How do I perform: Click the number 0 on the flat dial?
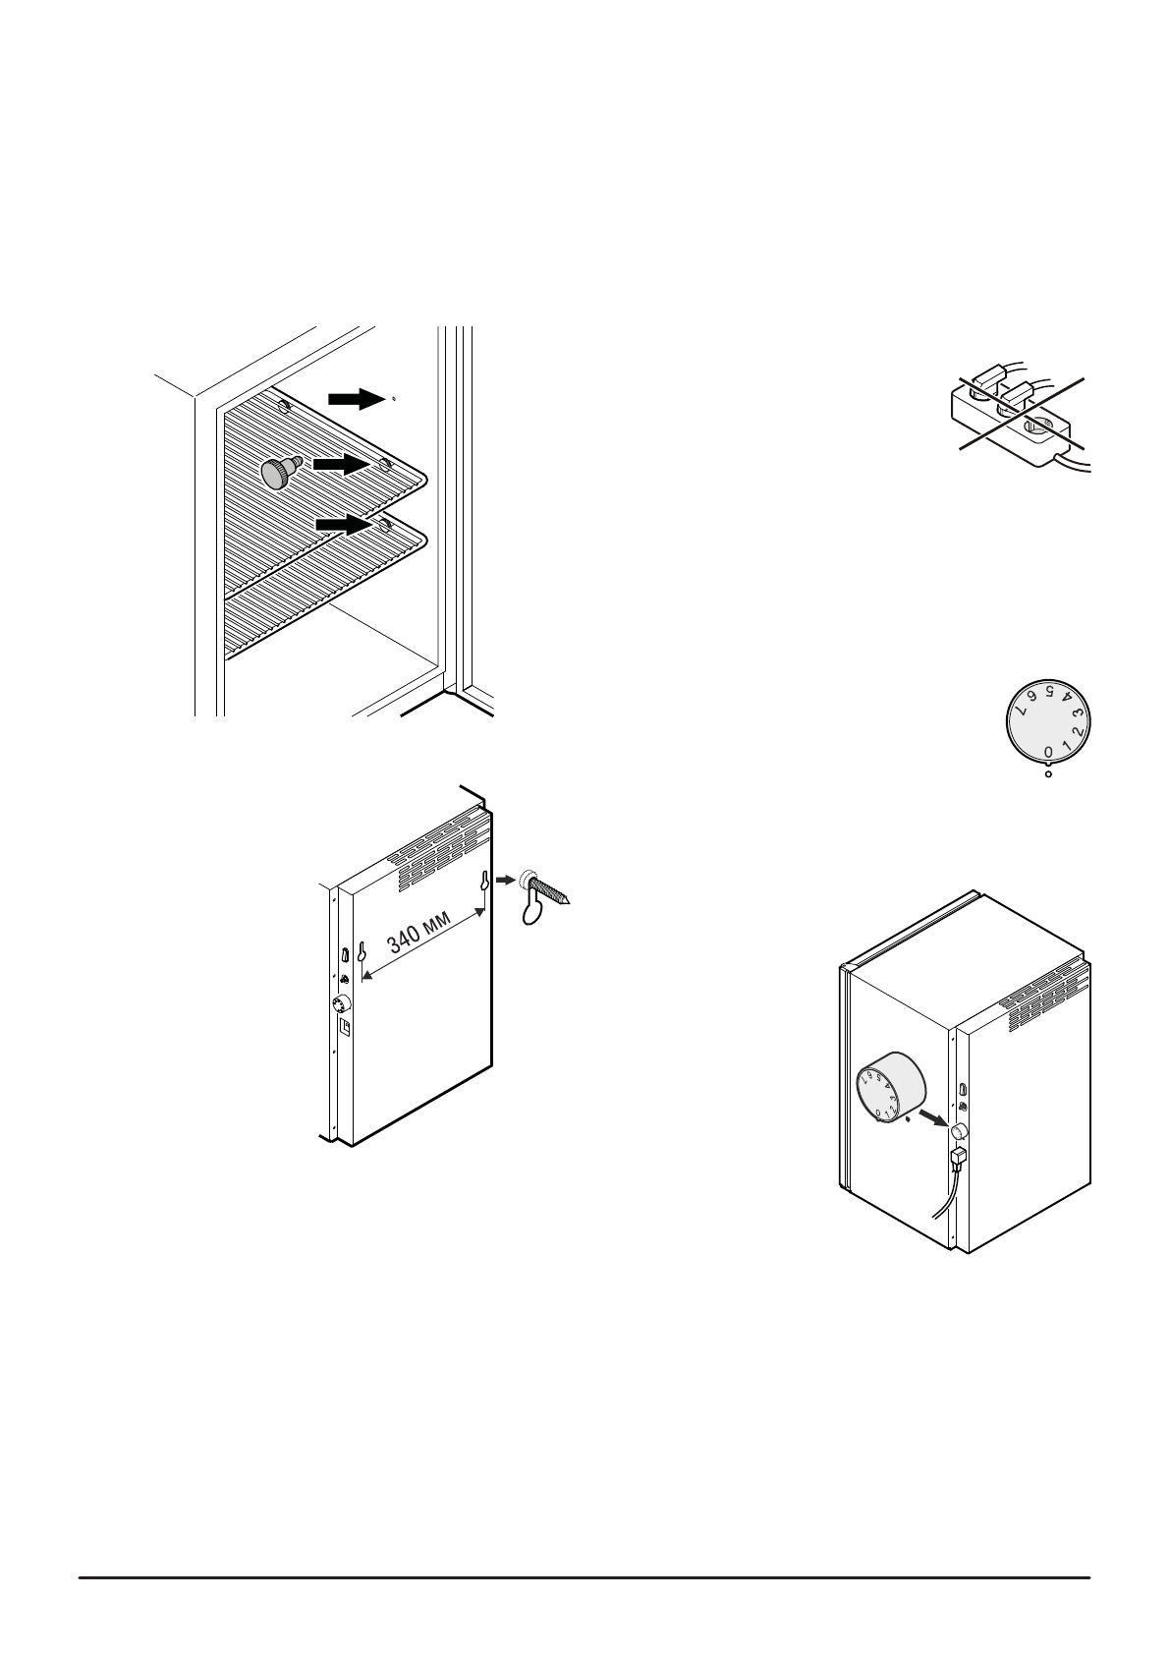click(x=1048, y=752)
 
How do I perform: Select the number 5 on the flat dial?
click(x=1049, y=691)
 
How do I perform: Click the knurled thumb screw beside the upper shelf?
click(x=279, y=473)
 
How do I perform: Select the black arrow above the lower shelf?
click(x=346, y=527)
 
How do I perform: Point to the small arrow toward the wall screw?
click(x=504, y=881)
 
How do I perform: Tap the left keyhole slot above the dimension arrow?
click(x=362, y=952)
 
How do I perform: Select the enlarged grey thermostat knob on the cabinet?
click(x=890, y=1091)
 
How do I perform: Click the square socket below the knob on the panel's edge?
click(x=345, y=1026)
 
